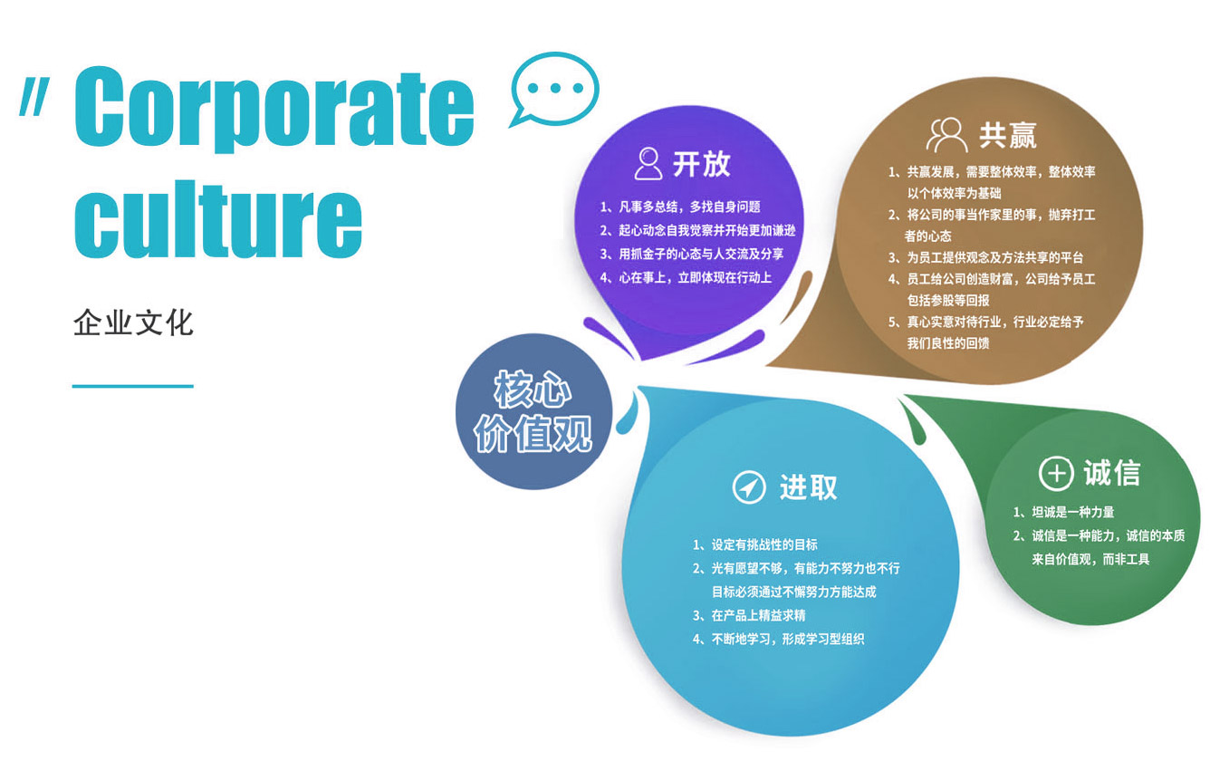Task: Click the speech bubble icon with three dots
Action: pos(554,89)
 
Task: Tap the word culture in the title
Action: pos(218,218)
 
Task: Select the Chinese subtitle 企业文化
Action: pos(133,323)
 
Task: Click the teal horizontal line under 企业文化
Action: pos(133,386)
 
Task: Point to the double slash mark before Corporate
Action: pos(34,97)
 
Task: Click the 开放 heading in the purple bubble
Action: pos(702,164)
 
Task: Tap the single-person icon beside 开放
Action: pos(648,163)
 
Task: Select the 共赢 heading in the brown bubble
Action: pos(1008,136)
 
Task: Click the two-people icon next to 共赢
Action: pos(946,134)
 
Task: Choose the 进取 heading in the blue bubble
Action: pos(809,486)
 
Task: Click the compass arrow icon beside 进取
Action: pos(749,486)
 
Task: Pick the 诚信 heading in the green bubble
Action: pos(1112,473)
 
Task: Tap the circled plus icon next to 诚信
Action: pos(1056,473)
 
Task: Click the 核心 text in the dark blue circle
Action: pos(533,389)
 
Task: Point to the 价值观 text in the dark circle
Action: pos(533,433)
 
